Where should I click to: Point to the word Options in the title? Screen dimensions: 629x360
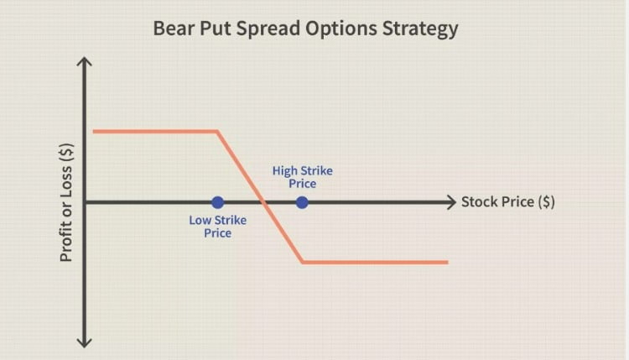tap(341, 29)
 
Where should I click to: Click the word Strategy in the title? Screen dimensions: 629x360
tap(420, 29)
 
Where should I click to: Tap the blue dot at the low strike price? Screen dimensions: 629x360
tap(218, 202)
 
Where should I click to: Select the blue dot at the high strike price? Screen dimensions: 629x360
tap(302, 202)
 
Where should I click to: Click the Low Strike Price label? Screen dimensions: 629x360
tap(218, 227)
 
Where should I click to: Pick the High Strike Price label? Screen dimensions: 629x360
tap(303, 177)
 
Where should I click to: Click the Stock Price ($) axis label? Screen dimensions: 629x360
tap(508, 201)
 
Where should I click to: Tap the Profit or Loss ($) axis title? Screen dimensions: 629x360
tap(66, 202)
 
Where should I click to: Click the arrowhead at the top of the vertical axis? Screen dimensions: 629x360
tap(84, 61)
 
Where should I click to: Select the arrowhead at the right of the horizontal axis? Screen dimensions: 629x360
tap(452, 202)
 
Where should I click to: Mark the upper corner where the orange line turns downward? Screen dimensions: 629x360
tap(217, 131)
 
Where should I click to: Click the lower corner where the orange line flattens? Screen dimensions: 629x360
tap(303, 262)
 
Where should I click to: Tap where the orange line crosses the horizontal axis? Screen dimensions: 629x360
tap(263, 202)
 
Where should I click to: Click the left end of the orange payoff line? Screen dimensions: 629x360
tap(93, 131)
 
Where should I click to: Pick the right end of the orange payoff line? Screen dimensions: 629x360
tap(448, 262)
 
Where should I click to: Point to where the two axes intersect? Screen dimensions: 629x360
tap(84, 202)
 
